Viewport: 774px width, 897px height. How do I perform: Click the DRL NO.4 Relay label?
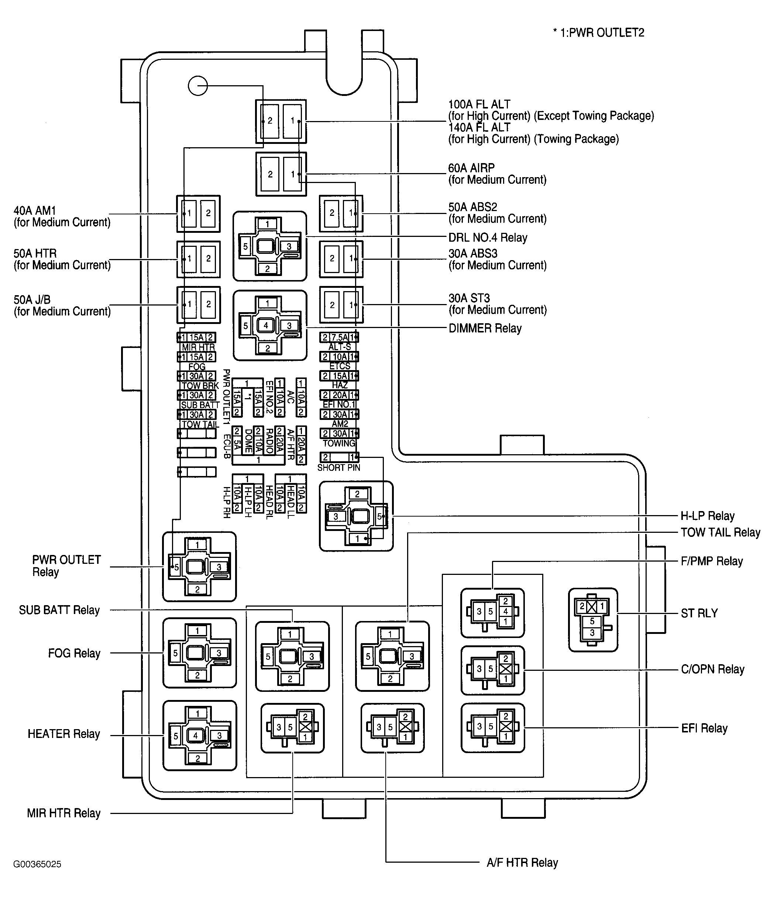pos(488,238)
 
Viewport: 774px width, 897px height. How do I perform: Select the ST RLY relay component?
pos(593,620)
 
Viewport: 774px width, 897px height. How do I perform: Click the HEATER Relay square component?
pos(200,735)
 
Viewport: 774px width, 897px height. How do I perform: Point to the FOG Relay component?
pos(200,653)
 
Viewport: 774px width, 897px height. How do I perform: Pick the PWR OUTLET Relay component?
pos(199,567)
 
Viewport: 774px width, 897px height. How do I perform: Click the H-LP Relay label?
pos(708,516)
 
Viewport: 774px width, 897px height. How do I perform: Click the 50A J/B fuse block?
pos(198,305)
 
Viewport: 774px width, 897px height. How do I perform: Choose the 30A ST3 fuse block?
pos(341,305)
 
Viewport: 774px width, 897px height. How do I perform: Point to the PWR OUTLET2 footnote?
pos(599,33)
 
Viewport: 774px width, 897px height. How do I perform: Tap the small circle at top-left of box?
pos(198,86)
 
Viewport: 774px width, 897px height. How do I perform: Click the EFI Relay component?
pos(493,728)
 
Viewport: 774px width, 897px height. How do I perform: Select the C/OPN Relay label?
pos(712,669)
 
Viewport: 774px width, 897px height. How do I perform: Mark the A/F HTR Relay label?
pos(522,863)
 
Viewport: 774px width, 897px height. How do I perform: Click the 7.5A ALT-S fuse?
pos(340,337)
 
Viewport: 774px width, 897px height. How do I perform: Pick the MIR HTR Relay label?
pos(64,813)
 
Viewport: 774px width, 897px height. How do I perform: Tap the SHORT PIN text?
pos(339,468)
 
